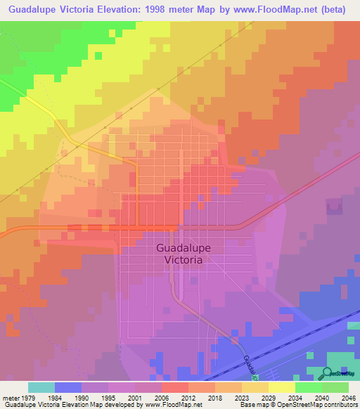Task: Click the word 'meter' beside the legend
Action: tap(10, 397)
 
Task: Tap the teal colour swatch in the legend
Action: tap(41, 387)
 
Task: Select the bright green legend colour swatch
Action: tap(308, 387)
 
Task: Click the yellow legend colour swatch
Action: tap(281, 387)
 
